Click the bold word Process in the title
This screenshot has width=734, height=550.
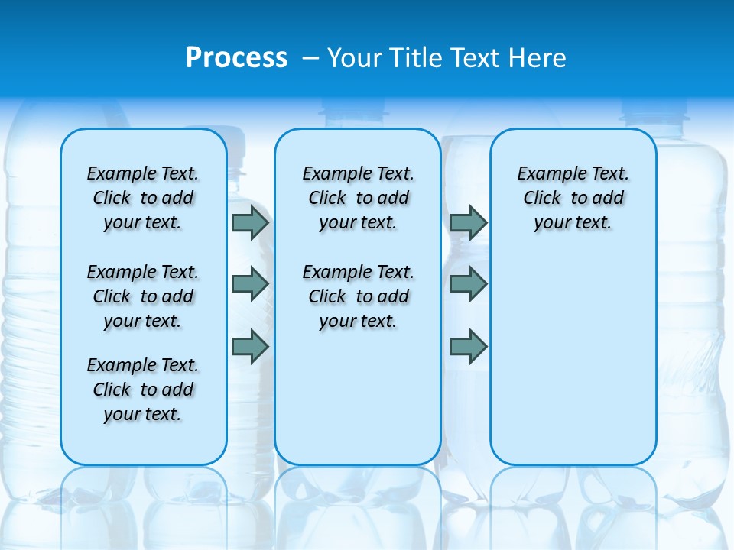(x=236, y=57)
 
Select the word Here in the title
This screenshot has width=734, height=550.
(x=538, y=57)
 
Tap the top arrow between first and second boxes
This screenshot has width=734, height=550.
(x=250, y=223)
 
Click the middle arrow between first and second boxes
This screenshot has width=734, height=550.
(x=250, y=284)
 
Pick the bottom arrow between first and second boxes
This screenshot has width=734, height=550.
(x=250, y=347)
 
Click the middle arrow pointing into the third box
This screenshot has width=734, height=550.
(x=468, y=284)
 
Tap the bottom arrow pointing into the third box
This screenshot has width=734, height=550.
(x=468, y=347)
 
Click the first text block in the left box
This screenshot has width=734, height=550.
(x=143, y=198)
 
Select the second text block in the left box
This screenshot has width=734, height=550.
(x=143, y=296)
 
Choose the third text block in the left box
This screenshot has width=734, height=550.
(x=143, y=390)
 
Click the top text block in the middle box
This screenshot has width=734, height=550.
(x=358, y=198)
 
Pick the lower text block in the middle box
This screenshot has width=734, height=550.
(x=358, y=296)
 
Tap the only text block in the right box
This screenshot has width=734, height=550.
(x=573, y=198)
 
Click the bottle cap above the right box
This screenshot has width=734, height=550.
(x=654, y=115)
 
